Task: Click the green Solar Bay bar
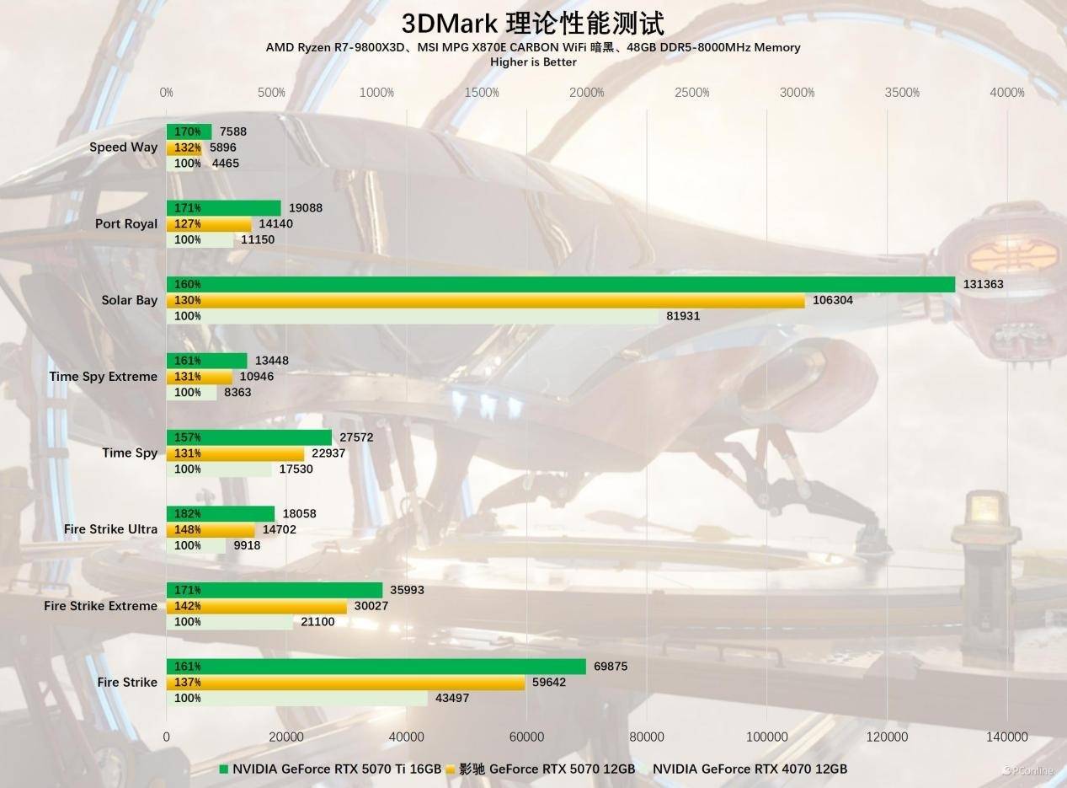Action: click(x=560, y=285)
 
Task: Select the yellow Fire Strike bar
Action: click(x=345, y=683)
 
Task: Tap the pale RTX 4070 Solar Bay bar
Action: click(x=413, y=316)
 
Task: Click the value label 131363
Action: click(x=984, y=285)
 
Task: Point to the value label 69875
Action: click(x=611, y=667)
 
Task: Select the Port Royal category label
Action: click(x=126, y=224)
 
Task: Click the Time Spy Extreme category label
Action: click(x=103, y=377)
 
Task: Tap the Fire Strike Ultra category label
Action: click(x=110, y=529)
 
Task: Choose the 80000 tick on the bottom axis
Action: click(x=647, y=737)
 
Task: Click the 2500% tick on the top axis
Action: click(x=692, y=93)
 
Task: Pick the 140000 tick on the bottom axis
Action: click(x=1006, y=737)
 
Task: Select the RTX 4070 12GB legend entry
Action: click(x=750, y=769)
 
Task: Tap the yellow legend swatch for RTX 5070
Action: click(x=451, y=769)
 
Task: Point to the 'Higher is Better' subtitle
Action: click(x=533, y=62)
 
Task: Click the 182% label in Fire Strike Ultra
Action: click(x=187, y=514)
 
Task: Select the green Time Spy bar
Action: click(x=249, y=437)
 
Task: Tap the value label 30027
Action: click(x=371, y=606)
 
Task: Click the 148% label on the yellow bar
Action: click(x=187, y=530)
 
